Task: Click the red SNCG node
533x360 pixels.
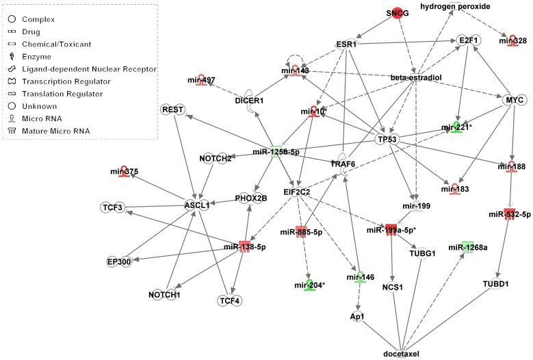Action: [x=397, y=14]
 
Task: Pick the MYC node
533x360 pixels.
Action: [x=512, y=101]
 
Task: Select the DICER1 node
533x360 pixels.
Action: [x=249, y=101]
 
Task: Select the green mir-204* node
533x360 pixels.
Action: [x=309, y=285]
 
